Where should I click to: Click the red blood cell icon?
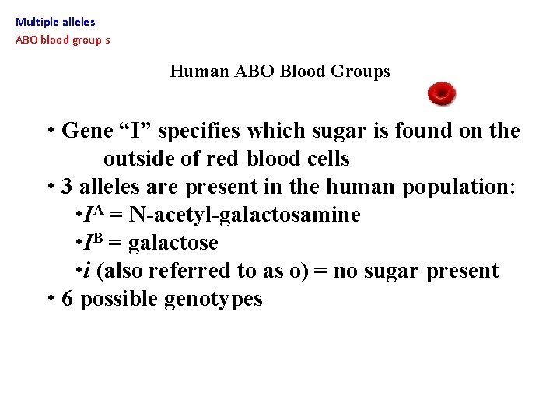[442, 95]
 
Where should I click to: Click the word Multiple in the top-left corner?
[35, 23]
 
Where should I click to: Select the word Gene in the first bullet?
[87, 131]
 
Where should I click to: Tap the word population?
[458, 187]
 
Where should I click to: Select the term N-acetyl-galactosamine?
[244, 215]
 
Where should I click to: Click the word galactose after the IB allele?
[173, 243]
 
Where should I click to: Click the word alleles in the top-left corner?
[78, 23]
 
